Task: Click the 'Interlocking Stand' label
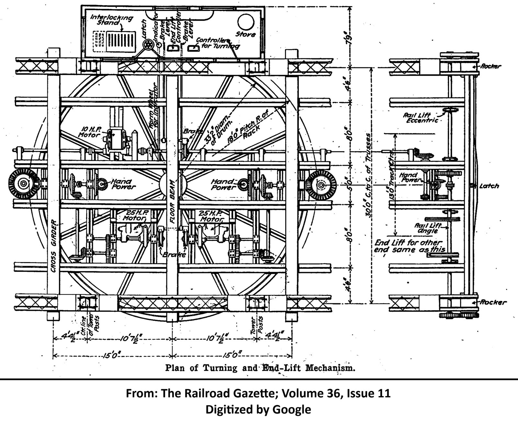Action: [112, 20]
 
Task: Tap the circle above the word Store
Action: [246, 22]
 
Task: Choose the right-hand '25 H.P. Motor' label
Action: [210, 216]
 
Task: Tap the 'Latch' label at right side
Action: [489, 186]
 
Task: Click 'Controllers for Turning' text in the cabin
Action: [220, 43]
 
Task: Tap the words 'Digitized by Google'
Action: [258, 409]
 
